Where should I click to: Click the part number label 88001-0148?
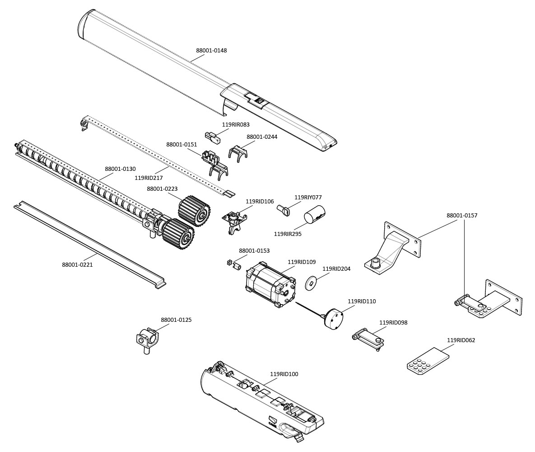211,51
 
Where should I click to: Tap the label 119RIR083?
236,125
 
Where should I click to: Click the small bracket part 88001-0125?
148,339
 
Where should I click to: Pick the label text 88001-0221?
77,265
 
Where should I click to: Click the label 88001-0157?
462,216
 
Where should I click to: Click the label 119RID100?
284,374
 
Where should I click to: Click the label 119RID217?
149,178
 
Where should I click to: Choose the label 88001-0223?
162,188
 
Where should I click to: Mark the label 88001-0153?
254,251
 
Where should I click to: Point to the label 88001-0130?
120,169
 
